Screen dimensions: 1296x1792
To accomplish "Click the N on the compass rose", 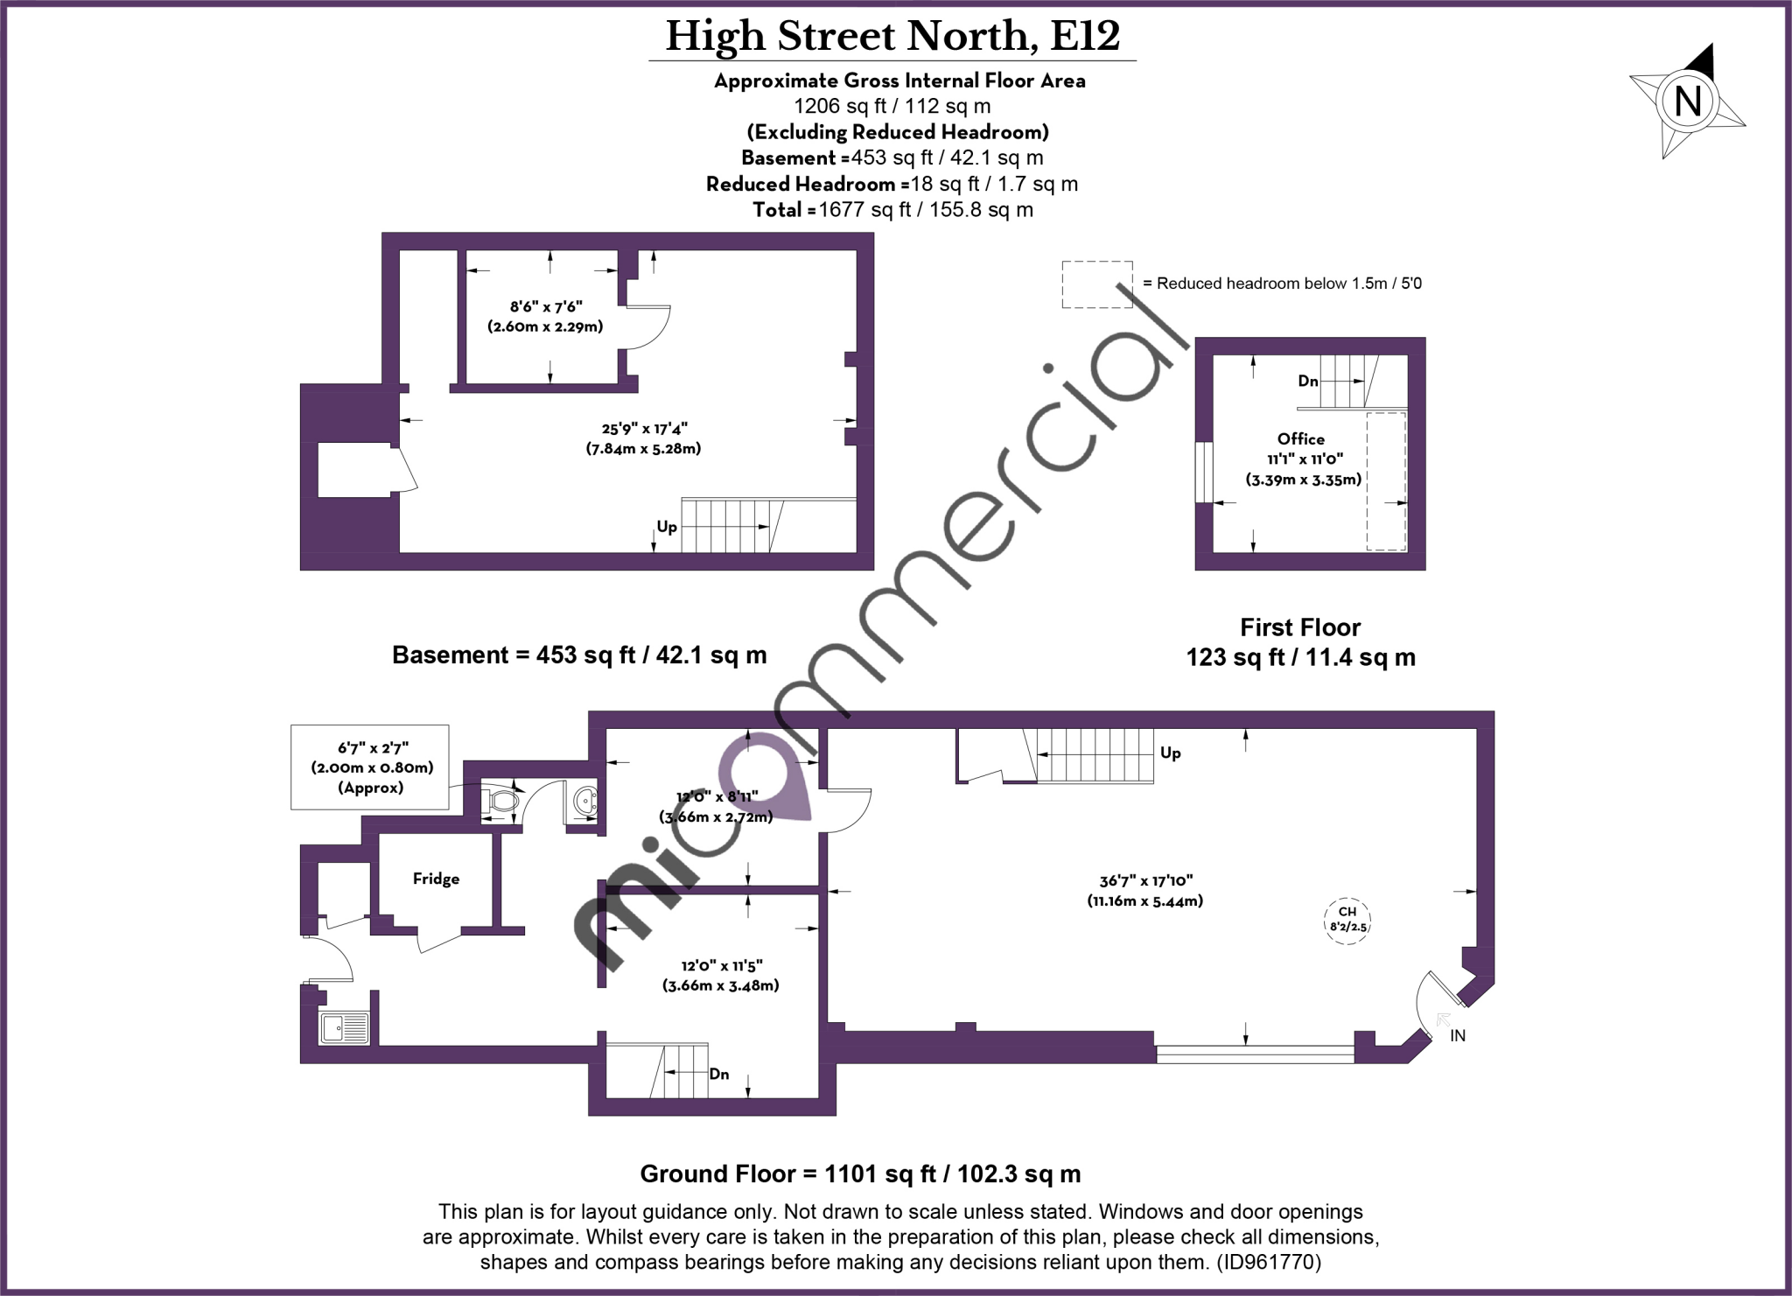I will point(1687,102).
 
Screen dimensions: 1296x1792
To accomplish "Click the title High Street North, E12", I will point(892,37).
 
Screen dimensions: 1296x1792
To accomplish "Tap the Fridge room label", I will point(436,879).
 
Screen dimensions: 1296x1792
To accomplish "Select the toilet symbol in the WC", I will point(504,800).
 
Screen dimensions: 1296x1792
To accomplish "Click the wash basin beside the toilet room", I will point(584,799).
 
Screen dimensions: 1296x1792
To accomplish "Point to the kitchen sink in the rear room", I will point(345,1027).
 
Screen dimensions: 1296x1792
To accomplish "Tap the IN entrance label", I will point(1458,1036).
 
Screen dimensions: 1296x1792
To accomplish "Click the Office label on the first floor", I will point(1300,439).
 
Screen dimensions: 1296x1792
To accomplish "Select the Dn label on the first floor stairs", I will point(1308,381).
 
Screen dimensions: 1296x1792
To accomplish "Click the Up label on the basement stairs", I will point(667,527).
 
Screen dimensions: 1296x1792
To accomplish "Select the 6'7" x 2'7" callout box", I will point(370,767).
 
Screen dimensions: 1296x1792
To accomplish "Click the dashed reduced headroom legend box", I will point(1096,284).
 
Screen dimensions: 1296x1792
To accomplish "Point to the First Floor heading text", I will point(1300,627).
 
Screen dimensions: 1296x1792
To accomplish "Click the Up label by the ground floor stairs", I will point(1170,753).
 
